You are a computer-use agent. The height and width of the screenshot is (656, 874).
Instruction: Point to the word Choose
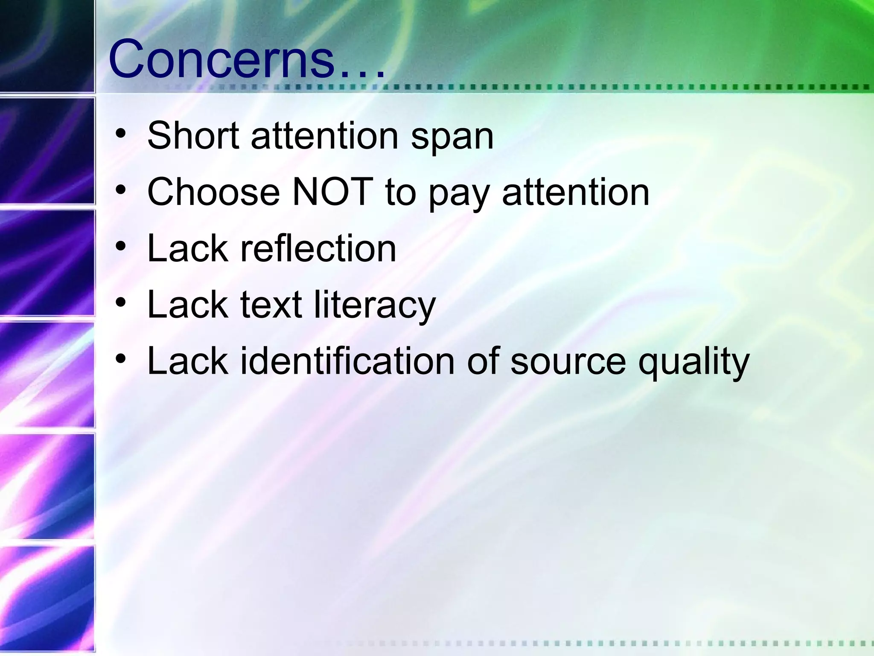[213, 192]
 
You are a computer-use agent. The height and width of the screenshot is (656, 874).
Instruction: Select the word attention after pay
[576, 192]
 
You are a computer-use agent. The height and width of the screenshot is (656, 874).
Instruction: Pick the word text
[271, 305]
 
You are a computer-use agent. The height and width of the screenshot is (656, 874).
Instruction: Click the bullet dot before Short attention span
[121, 133]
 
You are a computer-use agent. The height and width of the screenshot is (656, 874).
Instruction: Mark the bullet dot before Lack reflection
[121, 246]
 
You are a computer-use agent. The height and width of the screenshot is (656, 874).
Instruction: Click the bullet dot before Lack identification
[121, 359]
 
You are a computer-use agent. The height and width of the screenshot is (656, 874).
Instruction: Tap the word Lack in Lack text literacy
[187, 305]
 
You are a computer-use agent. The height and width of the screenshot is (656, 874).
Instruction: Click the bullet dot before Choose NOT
[121, 190]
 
